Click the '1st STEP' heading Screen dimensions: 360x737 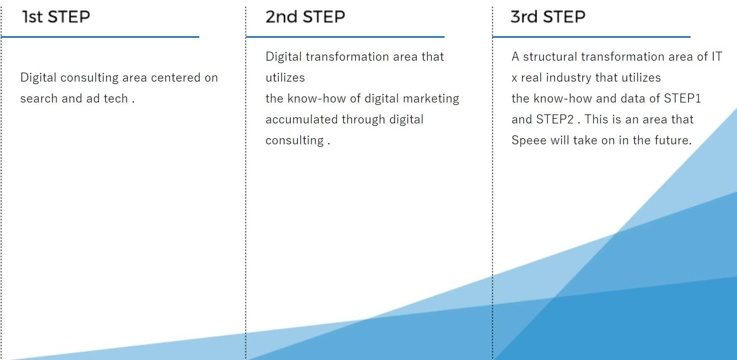[x=56, y=17]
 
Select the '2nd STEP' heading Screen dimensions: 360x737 [x=305, y=17]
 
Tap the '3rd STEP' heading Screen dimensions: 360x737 [x=548, y=17]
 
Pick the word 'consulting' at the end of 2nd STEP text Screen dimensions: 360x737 [x=294, y=140]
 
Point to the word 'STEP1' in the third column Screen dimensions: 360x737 [x=682, y=98]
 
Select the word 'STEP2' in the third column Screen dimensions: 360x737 [x=555, y=119]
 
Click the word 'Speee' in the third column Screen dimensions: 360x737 [x=529, y=140]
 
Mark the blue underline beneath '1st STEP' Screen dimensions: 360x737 [x=100, y=37]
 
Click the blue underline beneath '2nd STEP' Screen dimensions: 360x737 [x=345, y=37]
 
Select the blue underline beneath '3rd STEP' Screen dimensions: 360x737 [x=591, y=37]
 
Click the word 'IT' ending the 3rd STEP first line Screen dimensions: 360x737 [x=716, y=57]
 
